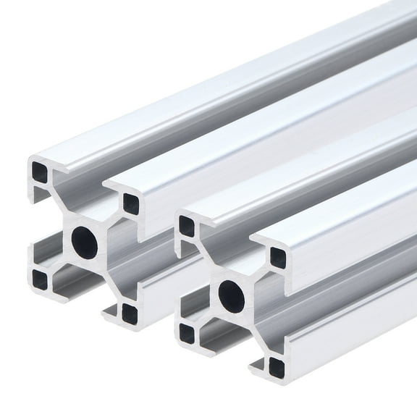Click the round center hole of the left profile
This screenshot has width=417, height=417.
pyautogui.click(x=84, y=240)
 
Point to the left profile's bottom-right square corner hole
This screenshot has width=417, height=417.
pyautogui.click(x=129, y=313)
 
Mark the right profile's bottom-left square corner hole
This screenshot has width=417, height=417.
pyautogui.click(x=187, y=332)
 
